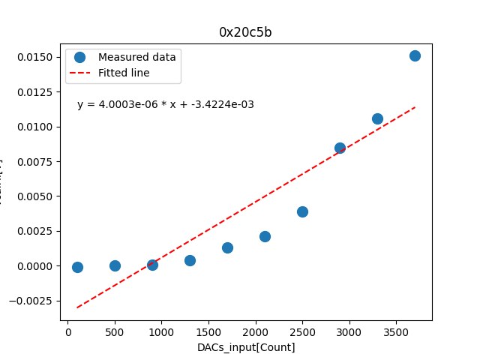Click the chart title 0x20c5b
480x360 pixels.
click(246, 32)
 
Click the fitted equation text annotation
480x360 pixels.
click(166, 104)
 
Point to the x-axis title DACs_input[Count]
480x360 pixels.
click(246, 347)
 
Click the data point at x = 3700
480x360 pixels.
click(415, 55)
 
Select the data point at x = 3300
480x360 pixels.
click(377, 118)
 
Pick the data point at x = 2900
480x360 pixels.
click(340, 148)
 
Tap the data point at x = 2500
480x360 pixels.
click(302, 211)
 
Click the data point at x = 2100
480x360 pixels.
click(265, 236)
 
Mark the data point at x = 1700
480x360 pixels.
click(227, 247)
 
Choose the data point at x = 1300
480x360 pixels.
click(190, 260)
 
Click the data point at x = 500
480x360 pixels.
click(115, 265)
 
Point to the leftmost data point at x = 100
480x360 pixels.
click(77, 267)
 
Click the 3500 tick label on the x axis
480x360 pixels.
click(395, 332)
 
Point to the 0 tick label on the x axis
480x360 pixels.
click(68, 332)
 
